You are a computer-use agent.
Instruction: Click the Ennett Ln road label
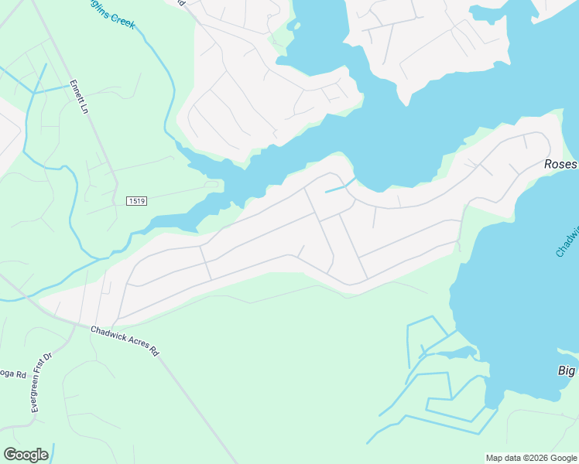(78, 97)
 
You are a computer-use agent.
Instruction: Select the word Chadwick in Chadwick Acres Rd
(108, 333)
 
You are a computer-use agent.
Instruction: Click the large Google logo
(26, 455)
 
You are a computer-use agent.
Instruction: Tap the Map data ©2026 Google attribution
(530, 458)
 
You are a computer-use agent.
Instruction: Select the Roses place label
(560, 165)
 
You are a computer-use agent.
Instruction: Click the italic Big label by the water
(567, 371)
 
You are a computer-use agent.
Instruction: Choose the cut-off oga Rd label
(13, 374)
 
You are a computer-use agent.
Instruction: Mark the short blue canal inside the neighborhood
(340, 186)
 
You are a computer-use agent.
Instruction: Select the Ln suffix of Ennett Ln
(83, 107)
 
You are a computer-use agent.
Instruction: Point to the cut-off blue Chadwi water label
(567, 241)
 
